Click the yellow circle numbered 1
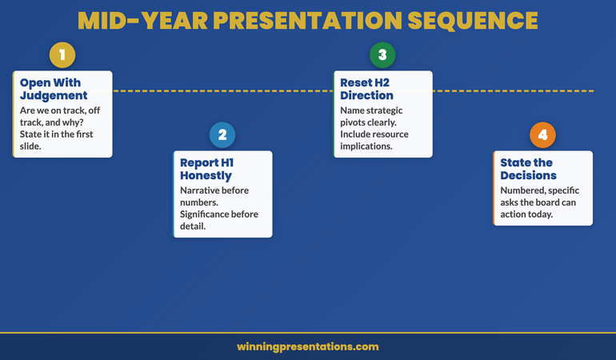[62, 55]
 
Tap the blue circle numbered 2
[222, 135]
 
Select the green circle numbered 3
[382, 55]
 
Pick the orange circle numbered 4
[542, 135]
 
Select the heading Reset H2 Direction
[367, 89]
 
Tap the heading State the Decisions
[528, 169]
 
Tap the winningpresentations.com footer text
[308, 346]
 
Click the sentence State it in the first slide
[56, 140]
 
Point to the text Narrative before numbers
[214, 196]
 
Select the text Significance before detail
[218, 220]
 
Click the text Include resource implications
[374, 140]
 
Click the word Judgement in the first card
[54, 95]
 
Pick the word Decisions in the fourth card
[528, 175]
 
